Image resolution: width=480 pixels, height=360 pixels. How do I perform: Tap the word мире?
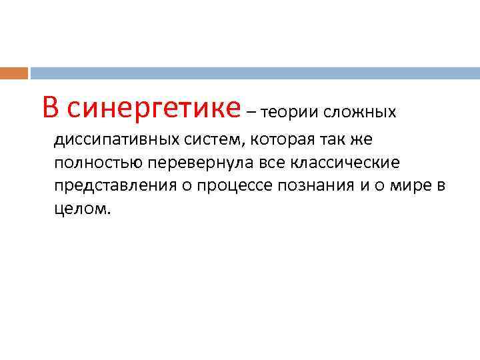409,185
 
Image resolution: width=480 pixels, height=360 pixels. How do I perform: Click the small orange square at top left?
14,73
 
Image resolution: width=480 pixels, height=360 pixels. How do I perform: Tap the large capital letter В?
51,107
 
